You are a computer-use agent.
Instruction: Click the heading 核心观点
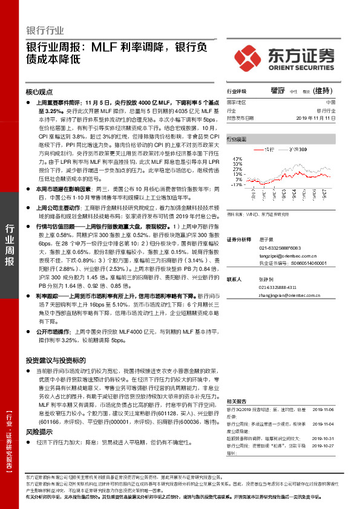[x=40, y=92]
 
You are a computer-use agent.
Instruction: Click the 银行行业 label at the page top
[x=45, y=31]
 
